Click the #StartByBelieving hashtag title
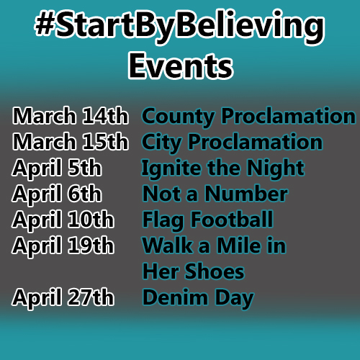[179, 27]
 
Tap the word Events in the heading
[181, 66]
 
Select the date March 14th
[70, 116]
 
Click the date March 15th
[70, 142]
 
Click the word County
[178, 117]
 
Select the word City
[161, 143]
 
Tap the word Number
[246, 194]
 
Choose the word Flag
[163, 221]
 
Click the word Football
[233, 219]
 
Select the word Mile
[238, 246]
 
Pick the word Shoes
[215, 271]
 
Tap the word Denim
[175, 297]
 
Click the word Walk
[168, 246]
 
